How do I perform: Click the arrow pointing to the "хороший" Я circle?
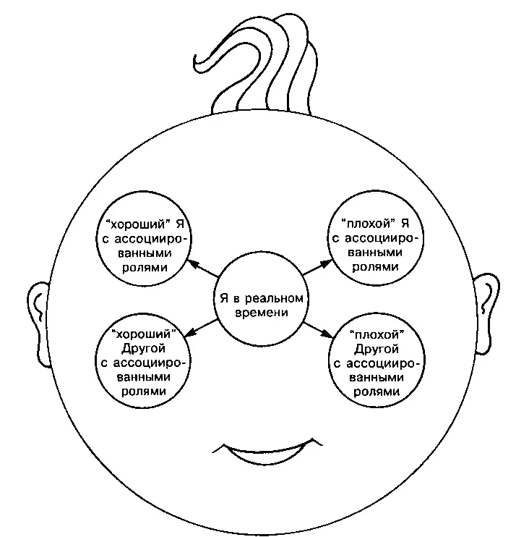[x=202, y=269]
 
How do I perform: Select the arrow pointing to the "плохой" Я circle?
[x=316, y=267]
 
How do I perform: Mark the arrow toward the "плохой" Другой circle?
[x=317, y=331]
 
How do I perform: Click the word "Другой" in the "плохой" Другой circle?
[x=375, y=349]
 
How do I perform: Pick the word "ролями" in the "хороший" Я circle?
[x=145, y=267]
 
